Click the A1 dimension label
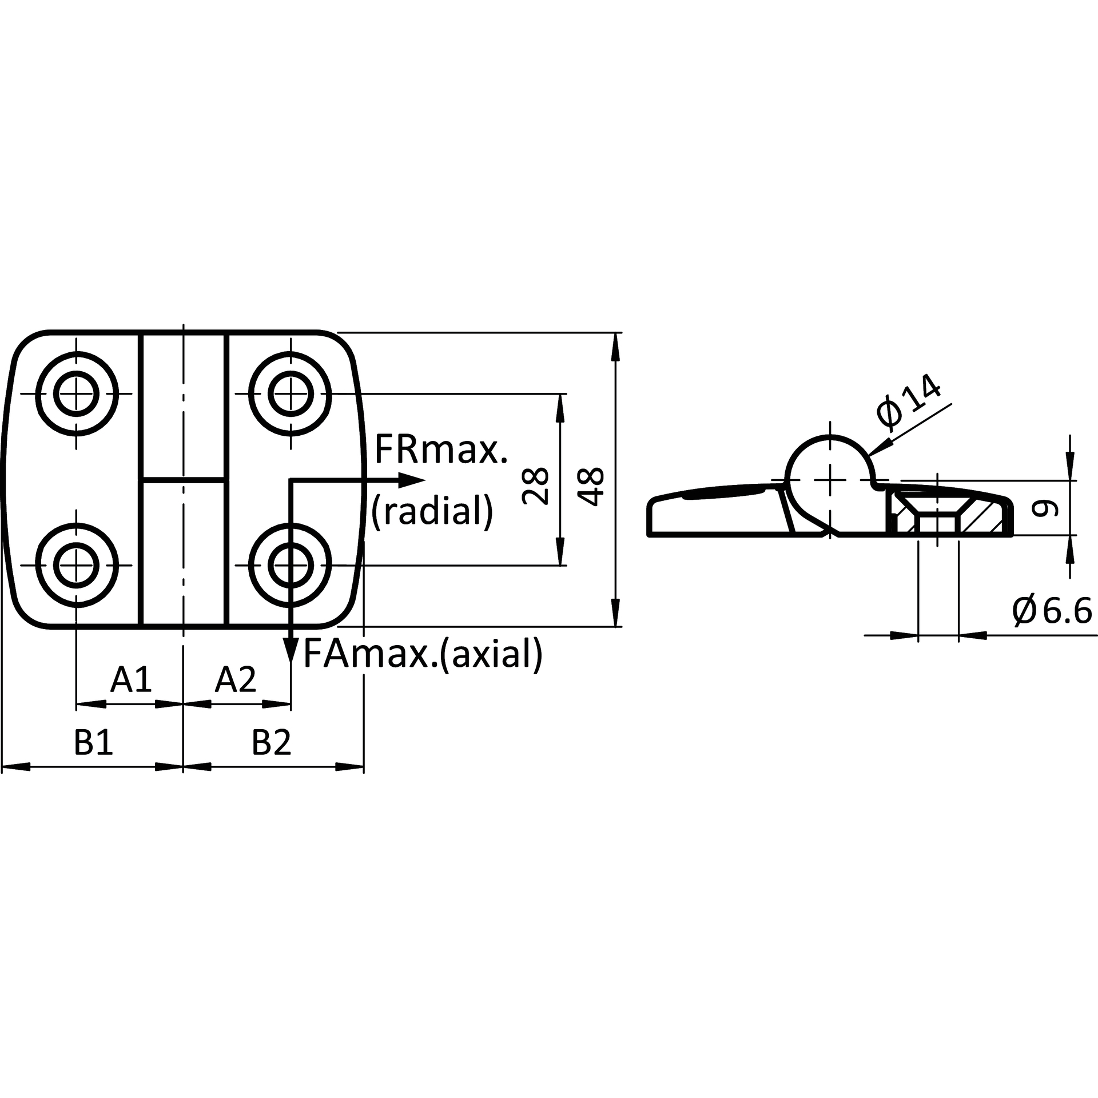pos(132,679)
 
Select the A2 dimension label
pos(236,679)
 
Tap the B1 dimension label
pos(94,743)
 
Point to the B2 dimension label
pos(272,743)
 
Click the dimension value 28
pos(536,486)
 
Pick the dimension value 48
pos(591,486)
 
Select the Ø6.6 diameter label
pos(1052,611)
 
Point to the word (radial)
pos(432,511)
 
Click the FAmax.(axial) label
pos(422,654)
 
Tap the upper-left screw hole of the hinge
pos(77,394)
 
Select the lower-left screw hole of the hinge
pos(77,566)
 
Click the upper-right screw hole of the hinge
pos(291,394)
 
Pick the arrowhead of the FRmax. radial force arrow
pos(412,479)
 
